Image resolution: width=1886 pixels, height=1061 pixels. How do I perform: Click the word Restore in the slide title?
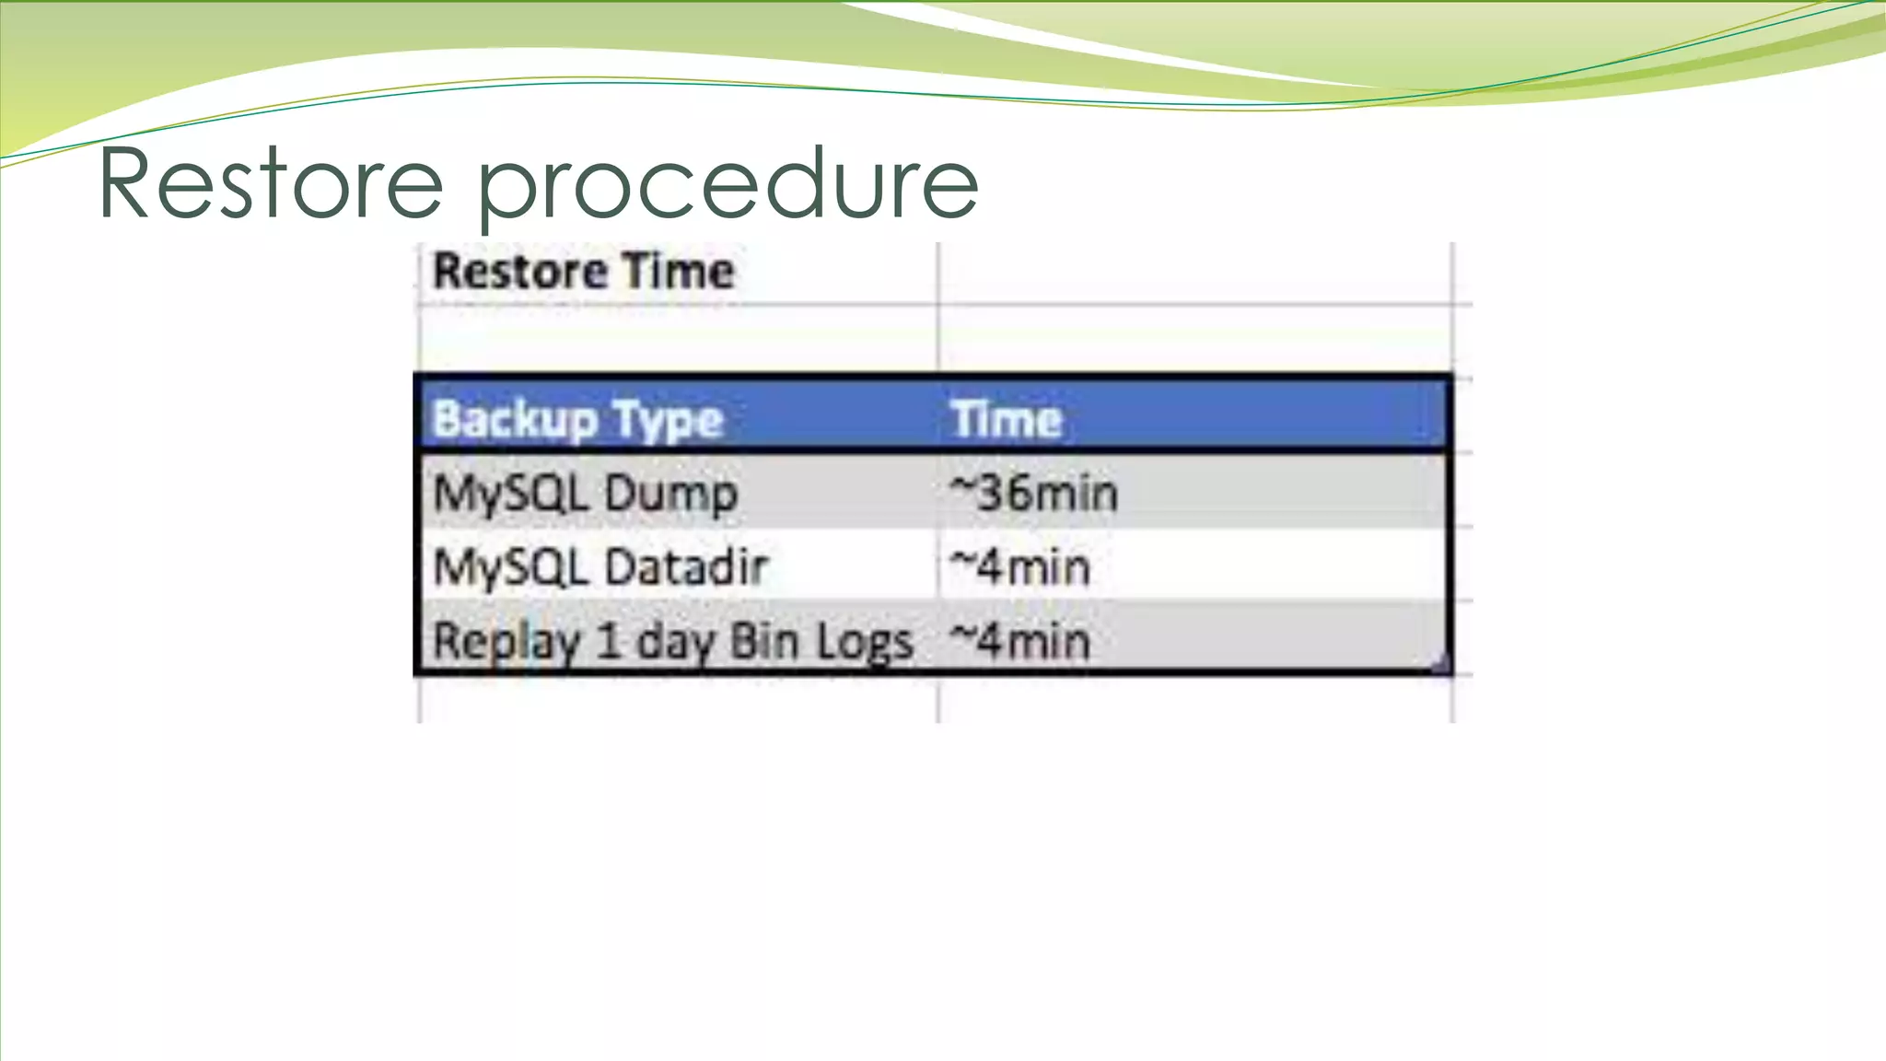coord(271,184)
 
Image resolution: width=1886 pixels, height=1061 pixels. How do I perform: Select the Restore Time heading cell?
coord(584,272)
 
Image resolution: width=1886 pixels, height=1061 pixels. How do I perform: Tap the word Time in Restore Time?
coord(678,272)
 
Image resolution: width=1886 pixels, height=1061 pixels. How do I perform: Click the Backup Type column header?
coord(578,419)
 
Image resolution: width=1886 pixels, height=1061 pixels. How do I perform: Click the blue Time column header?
coord(1007,419)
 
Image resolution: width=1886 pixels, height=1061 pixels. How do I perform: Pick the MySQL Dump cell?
coord(586,493)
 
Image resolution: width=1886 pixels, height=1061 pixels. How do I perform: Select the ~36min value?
coord(1034,493)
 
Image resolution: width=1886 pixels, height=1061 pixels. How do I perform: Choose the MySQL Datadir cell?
coord(600,566)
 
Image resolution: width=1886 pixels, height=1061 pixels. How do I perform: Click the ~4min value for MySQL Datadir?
coord(1020,566)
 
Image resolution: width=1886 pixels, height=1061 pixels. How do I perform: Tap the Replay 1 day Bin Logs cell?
coord(672,640)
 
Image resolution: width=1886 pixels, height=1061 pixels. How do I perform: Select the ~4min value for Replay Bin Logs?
coord(1020,640)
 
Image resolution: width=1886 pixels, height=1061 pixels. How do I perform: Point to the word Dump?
coord(672,493)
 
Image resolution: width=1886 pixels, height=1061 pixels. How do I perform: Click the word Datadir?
coord(687,566)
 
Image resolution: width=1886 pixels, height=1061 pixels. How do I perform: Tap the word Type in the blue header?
coord(669,419)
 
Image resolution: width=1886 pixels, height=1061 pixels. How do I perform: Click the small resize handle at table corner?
coord(1442,664)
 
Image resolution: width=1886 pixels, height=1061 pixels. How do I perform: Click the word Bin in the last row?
coord(764,640)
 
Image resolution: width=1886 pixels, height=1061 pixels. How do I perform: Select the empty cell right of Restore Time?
coord(1193,272)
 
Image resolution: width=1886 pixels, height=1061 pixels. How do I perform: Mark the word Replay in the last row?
coord(506,640)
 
